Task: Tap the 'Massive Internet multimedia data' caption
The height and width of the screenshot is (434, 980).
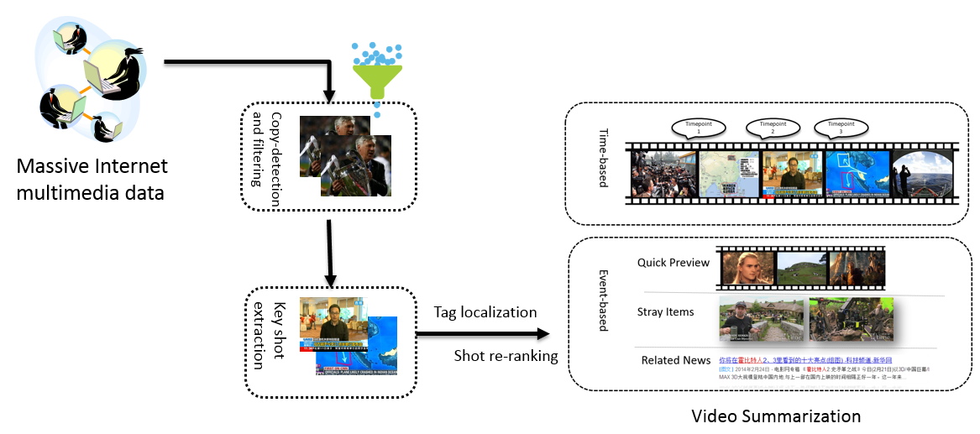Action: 92,180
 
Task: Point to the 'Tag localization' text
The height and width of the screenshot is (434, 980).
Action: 485,312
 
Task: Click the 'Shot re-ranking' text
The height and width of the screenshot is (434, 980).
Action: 506,356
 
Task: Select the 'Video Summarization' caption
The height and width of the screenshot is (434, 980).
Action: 775,416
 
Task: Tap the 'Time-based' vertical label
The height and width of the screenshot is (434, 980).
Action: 601,164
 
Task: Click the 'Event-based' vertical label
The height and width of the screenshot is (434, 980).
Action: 601,301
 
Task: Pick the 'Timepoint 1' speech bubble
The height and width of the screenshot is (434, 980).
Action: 698,129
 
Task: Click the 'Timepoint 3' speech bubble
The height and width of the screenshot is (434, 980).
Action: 840,129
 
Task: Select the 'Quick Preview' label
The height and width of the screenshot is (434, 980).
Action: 673,263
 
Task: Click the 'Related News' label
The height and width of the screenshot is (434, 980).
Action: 675,360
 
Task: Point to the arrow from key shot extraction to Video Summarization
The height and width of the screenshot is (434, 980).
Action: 482,335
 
